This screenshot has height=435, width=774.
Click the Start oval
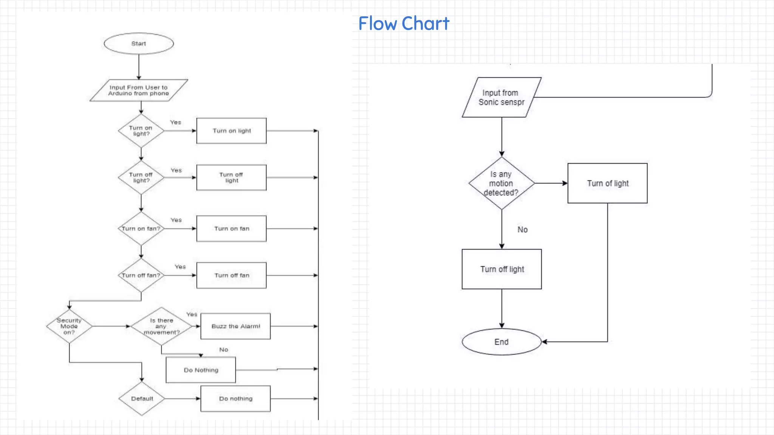[x=139, y=43]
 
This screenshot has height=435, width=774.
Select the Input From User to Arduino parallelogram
[x=139, y=90]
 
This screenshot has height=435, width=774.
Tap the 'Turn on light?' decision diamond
[x=141, y=131]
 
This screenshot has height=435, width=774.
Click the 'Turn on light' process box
[x=231, y=131]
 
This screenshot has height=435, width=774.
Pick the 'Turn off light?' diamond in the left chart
[x=141, y=177]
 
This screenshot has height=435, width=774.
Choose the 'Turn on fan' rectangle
[x=231, y=228]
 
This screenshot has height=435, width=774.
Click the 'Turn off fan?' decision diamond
[x=141, y=275]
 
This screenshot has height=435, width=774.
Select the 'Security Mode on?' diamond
[x=69, y=326]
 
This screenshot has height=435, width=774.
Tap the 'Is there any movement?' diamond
[x=161, y=326]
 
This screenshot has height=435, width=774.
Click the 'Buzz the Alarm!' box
[x=235, y=326]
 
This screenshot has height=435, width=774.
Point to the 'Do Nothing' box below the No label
[x=201, y=370]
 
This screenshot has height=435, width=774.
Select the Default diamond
[x=142, y=399]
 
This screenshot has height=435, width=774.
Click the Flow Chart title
[x=404, y=23]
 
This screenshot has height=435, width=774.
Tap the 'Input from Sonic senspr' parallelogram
[x=502, y=97]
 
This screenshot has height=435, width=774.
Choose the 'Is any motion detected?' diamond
[x=502, y=184]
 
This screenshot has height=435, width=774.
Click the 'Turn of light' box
[x=607, y=184]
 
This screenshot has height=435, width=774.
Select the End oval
[x=502, y=342]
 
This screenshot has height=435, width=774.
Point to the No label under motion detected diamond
[x=522, y=230]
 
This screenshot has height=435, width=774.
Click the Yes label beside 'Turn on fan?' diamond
[x=176, y=220]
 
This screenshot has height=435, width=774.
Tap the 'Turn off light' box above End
[x=502, y=269]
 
